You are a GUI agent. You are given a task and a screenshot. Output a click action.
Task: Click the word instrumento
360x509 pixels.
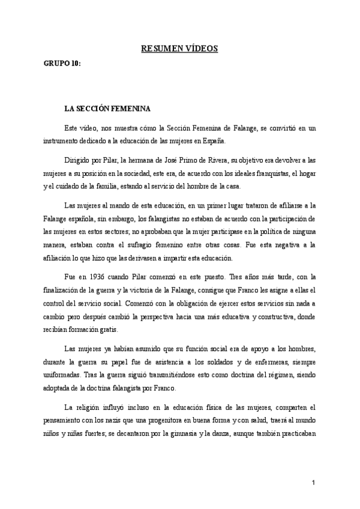(x=60, y=142)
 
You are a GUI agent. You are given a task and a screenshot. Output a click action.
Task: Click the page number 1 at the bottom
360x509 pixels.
(x=313, y=483)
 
